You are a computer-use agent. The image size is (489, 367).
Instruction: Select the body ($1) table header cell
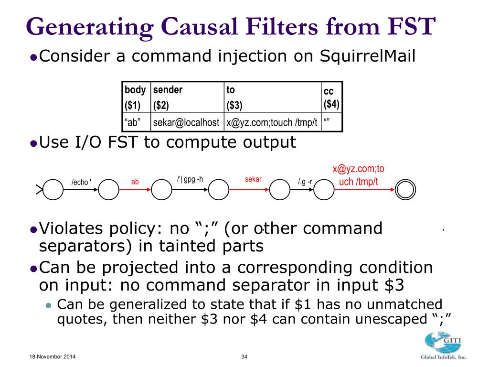point(136,97)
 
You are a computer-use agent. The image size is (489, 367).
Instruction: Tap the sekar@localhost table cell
point(186,122)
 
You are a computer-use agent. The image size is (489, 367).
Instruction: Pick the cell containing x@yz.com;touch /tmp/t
point(272,122)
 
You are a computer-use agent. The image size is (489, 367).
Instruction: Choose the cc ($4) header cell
point(331,97)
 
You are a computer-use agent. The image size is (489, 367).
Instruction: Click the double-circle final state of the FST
point(406,190)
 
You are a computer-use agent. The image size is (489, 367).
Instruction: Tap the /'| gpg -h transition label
point(190,179)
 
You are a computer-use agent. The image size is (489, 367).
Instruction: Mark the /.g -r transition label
point(305,182)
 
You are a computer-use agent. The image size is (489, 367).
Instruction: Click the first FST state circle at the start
point(53,190)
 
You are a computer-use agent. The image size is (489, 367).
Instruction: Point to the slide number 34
point(244,357)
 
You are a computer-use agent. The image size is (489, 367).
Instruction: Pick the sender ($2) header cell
point(187,97)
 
